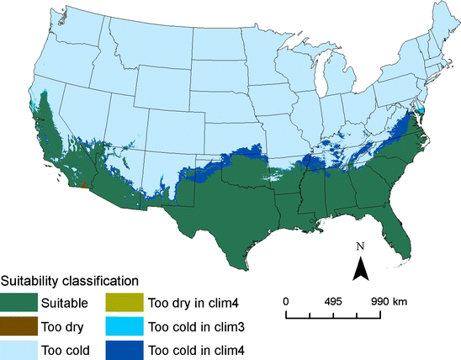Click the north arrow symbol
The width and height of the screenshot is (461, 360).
click(360, 270)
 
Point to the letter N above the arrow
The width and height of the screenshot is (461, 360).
click(359, 247)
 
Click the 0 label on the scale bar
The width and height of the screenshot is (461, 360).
click(286, 301)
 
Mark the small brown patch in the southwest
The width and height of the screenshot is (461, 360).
click(83, 183)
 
